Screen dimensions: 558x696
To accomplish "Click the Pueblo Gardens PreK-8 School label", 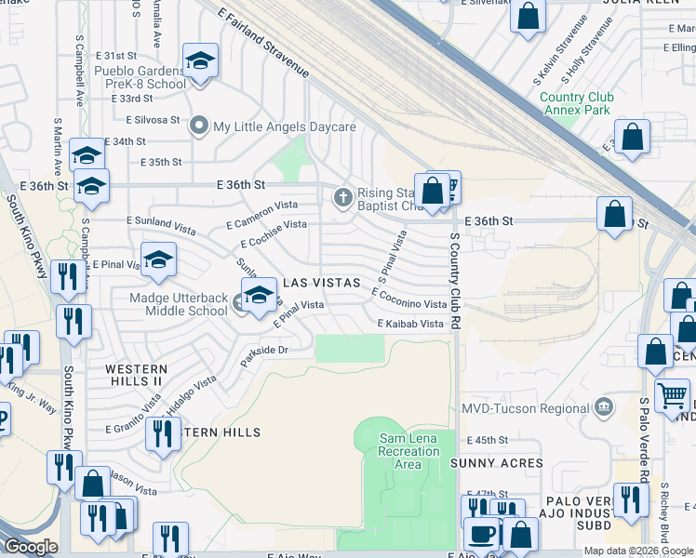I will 140,76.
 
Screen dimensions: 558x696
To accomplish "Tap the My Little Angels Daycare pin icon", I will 197,126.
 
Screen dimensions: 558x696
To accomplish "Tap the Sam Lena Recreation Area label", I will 409,451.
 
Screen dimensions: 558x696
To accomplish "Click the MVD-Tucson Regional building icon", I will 605,407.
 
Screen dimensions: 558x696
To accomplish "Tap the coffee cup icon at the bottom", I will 481,534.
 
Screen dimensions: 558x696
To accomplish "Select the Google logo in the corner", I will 30,547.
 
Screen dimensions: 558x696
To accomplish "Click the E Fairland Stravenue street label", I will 262,43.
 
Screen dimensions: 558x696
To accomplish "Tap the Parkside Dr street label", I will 265,354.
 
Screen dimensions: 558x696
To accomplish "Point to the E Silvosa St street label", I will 153,120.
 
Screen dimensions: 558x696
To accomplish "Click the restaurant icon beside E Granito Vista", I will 164,432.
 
